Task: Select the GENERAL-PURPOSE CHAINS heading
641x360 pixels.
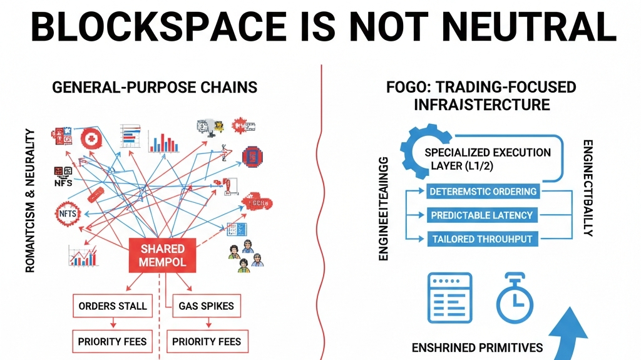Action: (x=155, y=86)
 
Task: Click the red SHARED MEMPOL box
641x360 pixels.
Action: (x=163, y=255)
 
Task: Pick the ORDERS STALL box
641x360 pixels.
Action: (x=113, y=306)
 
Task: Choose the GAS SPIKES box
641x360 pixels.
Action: (x=206, y=306)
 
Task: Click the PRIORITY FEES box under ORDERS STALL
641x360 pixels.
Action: (x=113, y=342)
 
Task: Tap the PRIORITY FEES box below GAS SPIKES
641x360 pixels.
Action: (x=206, y=342)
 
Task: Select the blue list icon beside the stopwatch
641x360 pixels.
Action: (x=449, y=297)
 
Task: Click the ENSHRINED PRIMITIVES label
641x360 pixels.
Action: (x=476, y=347)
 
